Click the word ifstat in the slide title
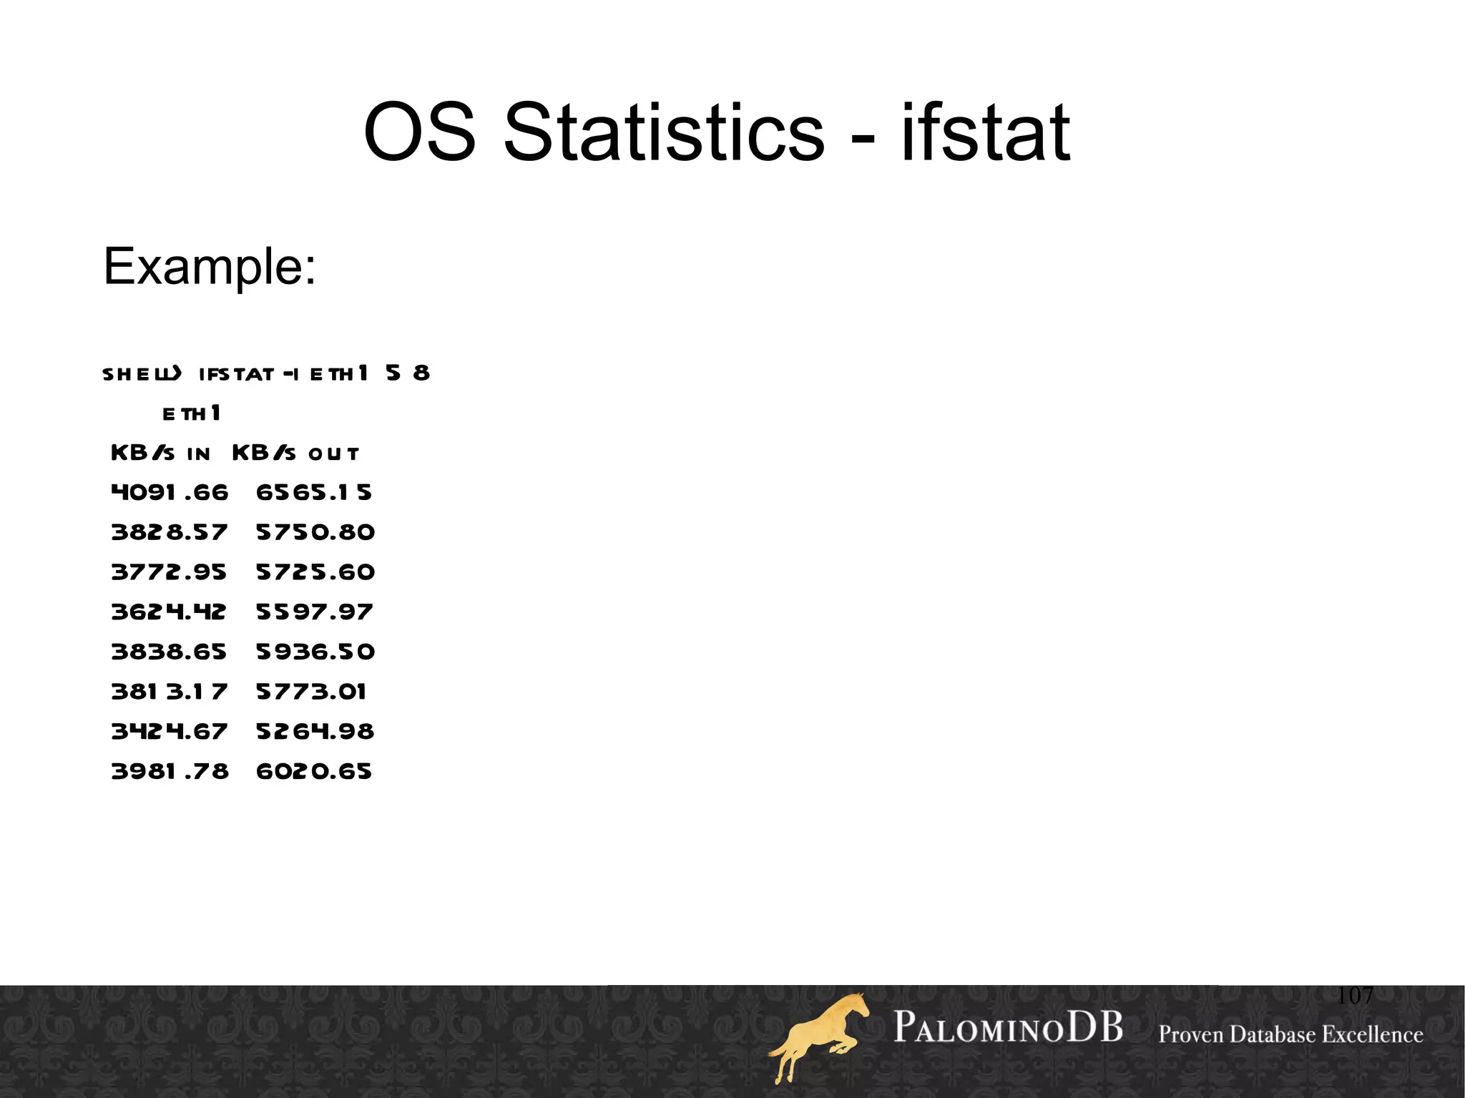(985, 133)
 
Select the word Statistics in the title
(664, 133)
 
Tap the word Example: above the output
(210, 266)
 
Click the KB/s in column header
(161, 454)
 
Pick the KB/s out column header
(295, 454)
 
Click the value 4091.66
(170, 493)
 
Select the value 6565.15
(314, 493)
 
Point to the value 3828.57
(170, 532)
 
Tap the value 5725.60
(315, 572)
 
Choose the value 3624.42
(169, 612)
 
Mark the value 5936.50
(315, 652)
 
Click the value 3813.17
(169, 692)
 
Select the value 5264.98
(315, 732)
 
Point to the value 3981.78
(170, 771)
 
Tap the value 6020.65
(314, 771)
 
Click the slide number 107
(1355, 995)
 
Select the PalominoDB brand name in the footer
(1008, 1028)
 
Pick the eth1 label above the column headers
(192, 413)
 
